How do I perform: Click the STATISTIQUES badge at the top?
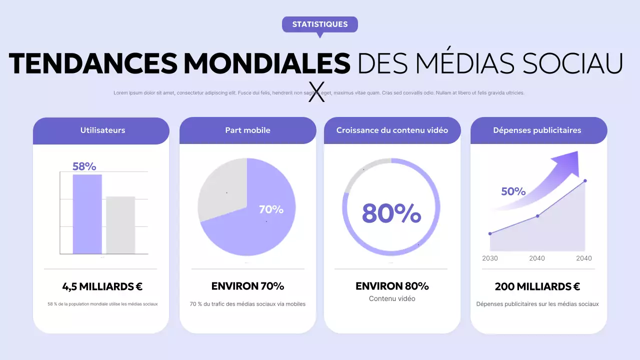click(320, 24)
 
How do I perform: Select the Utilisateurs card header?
click(102, 130)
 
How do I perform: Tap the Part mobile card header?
click(247, 130)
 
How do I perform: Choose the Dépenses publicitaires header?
click(537, 130)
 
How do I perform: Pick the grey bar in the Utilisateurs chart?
click(120, 225)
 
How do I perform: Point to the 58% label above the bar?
click(84, 166)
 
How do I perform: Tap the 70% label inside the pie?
click(271, 209)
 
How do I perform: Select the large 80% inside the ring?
click(391, 212)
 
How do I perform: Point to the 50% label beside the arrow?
click(513, 191)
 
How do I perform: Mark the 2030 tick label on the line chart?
click(489, 258)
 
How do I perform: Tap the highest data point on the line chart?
click(585, 181)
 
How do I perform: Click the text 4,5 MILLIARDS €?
click(102, 286)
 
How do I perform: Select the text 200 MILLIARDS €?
click(537, 286)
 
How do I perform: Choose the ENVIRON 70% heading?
click(247, 286)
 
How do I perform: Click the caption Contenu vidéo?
click(392, 298)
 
